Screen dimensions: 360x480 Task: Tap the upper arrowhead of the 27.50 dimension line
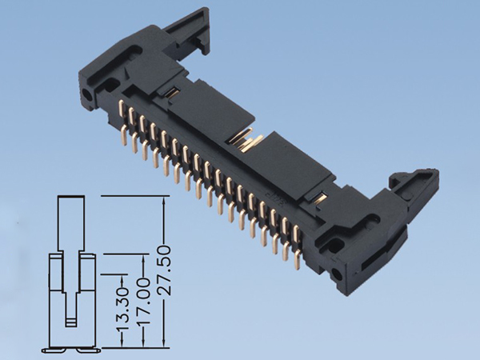click(x=165, y=199)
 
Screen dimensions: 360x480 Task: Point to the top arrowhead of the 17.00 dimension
click(x=144, y=254)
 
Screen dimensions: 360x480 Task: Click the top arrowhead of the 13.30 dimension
click(x=122, y=276)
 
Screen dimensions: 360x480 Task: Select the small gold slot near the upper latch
click(x=170, y=95)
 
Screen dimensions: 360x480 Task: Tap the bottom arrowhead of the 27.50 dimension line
click(x=165, y=345)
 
